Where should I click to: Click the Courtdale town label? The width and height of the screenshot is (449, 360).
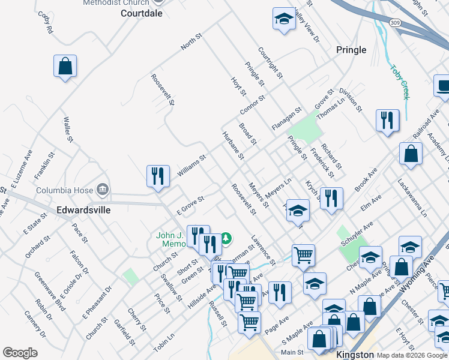pos(142,13)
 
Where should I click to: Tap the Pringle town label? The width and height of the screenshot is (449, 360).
pos(351,50)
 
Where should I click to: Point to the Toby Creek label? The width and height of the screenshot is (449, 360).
pos(400,81)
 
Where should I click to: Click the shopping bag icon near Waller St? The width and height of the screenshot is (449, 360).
pos(65,66)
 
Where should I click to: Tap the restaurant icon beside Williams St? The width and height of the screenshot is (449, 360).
pos(158,176)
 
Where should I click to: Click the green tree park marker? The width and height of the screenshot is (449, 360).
pos(226,239)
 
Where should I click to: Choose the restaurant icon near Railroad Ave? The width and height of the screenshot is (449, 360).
pos(387,120)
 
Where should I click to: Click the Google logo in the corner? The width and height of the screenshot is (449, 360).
pos(20,353)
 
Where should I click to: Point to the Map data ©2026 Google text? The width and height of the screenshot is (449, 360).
pos(412,355)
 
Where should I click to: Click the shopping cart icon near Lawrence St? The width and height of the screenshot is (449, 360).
pos(303,255)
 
